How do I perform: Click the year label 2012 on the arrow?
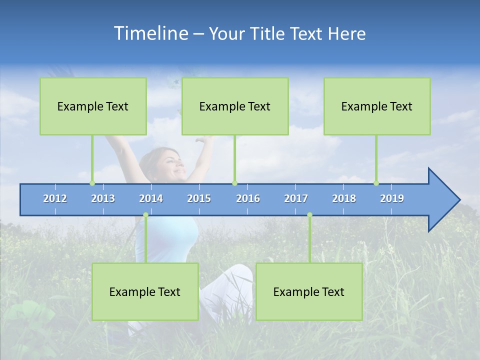tap(55, 198)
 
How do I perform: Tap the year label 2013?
tap(103, 198)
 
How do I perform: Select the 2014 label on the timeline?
tap(151, 198)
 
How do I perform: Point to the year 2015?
tap(199, 198)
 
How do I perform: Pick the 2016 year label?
tap(248, 198)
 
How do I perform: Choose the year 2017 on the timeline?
tap(296, 198)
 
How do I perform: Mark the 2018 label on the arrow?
tap(344, 198)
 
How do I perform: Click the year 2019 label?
tap(392, 198)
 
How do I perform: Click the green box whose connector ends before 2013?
tap(93, 106)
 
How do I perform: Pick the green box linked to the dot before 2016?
tap(235, 106)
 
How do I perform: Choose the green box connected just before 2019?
tap(377, 106)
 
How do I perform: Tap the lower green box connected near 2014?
tap(145, 291)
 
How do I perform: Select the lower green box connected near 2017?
tap(309, 291)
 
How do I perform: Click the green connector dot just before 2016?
tap(234, 183)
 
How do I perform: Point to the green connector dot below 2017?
tap(309, 214)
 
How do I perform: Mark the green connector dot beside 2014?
tap(145, 214)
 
